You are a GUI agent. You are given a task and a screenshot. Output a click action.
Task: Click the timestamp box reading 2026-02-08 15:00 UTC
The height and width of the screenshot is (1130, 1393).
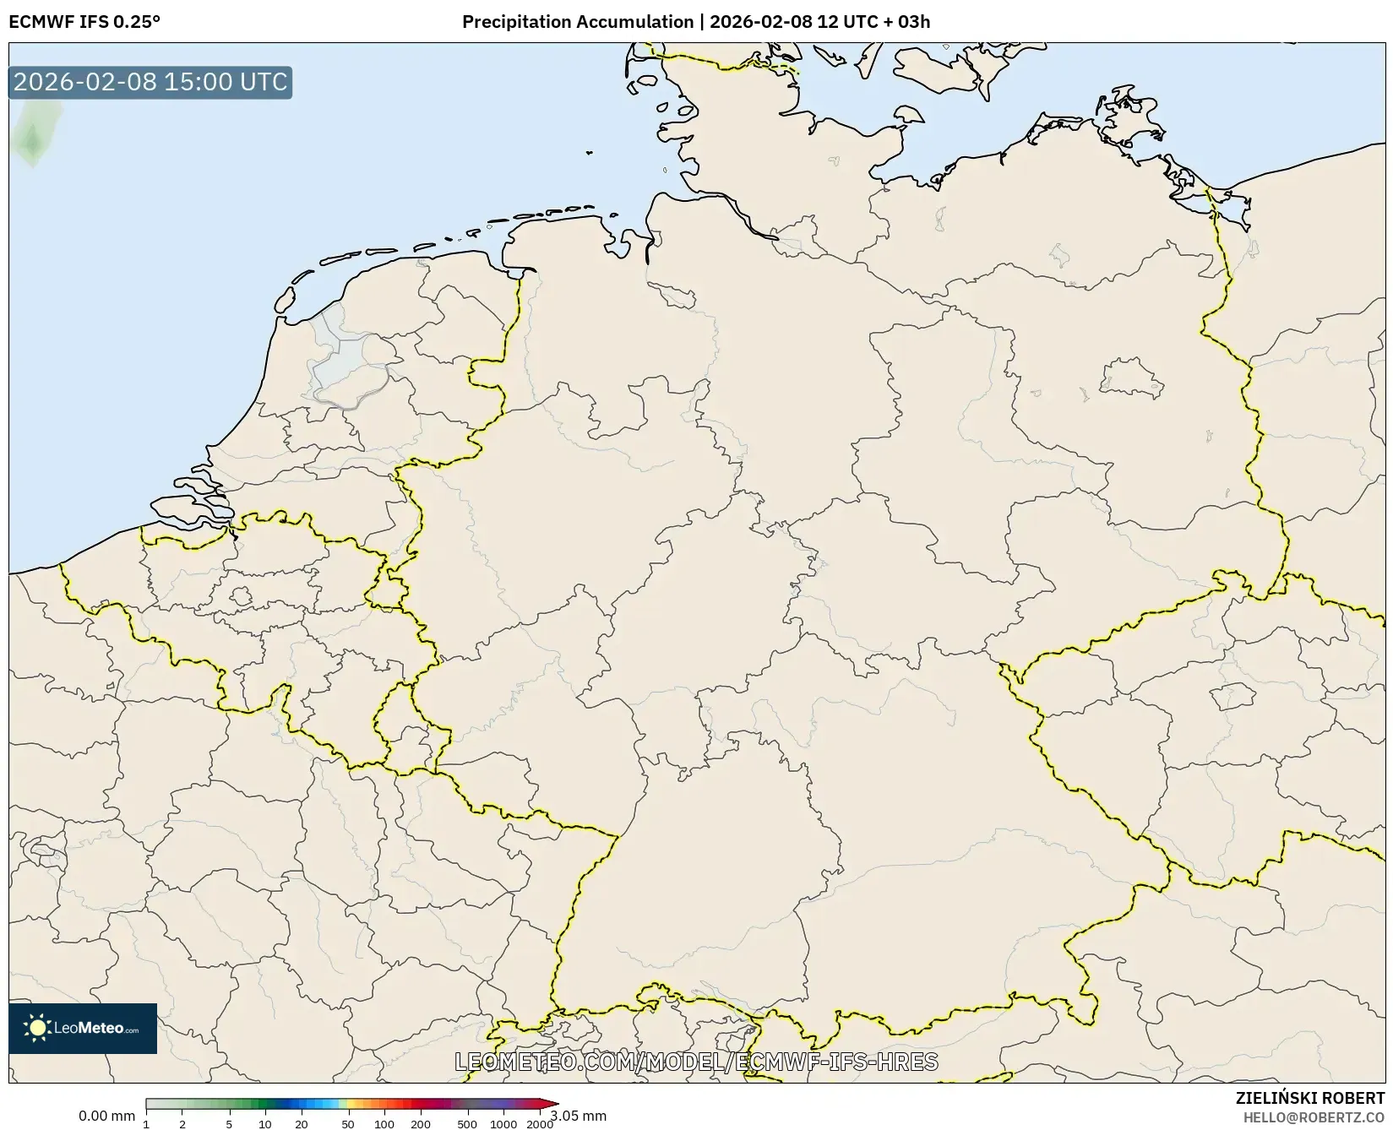coord(150,82)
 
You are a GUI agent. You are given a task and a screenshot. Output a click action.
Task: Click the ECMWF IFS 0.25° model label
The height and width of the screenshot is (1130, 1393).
coord(84,22)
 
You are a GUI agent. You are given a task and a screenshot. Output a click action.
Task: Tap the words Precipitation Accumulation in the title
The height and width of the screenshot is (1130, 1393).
coord(577,22)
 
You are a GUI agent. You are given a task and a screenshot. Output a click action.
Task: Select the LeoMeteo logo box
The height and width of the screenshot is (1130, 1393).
coord(83,1028)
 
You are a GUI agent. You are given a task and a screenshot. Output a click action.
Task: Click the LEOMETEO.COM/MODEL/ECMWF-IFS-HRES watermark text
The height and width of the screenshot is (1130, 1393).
coord(696,1062)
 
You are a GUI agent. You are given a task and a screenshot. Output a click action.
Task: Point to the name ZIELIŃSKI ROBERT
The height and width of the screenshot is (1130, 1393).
coord(1310,1099)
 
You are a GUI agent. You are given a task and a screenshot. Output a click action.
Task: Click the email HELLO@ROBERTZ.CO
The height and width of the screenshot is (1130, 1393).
coord(1314,1117)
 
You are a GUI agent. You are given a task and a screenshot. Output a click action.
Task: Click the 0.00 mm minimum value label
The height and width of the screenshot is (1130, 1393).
coord(106,1116)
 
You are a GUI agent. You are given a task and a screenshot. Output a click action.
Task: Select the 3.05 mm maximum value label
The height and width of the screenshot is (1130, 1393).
coord(578,1116)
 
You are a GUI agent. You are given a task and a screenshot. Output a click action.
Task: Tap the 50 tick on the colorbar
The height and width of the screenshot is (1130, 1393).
coord(348,1124)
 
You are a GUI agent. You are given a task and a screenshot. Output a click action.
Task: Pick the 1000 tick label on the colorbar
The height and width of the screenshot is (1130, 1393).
coord(503,1124)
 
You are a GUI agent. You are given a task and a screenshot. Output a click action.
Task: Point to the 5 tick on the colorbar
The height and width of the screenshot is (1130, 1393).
coord(229,1124)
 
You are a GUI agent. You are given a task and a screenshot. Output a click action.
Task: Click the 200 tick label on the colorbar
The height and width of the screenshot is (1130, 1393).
coord(421,1124)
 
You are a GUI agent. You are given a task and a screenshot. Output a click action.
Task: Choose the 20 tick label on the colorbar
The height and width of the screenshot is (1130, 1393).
coord(301,1124)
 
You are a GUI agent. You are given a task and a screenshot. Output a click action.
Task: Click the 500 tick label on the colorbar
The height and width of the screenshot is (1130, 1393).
coord(467,1124)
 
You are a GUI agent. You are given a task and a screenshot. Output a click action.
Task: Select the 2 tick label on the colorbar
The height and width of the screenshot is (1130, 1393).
coord(182,1124)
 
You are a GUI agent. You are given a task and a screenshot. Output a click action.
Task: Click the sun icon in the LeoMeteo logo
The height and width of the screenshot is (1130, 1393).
coord(37,1028)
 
